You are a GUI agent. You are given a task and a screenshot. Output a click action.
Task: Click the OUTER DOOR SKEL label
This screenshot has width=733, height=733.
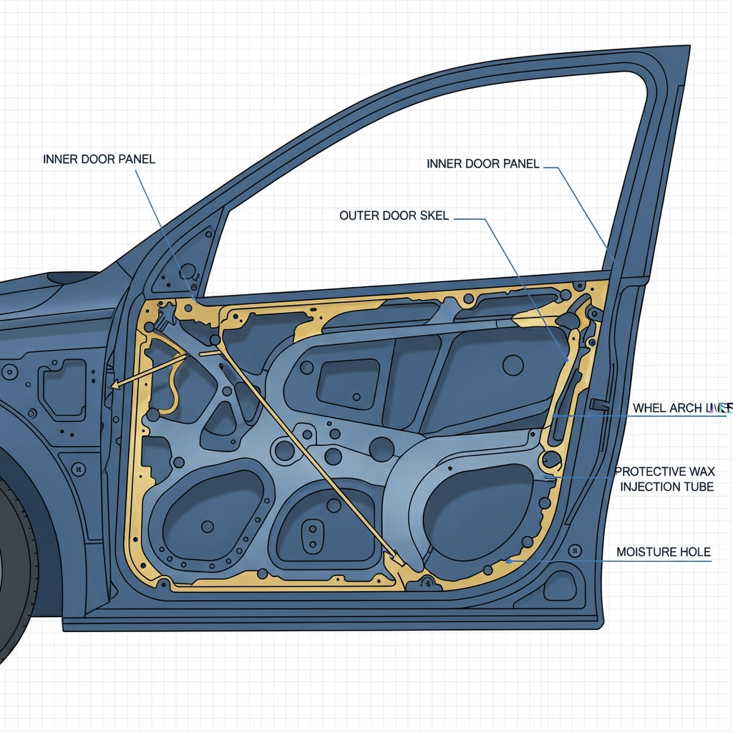coord(394,215)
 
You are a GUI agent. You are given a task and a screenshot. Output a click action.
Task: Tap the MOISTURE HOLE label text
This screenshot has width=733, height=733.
coord(663,552)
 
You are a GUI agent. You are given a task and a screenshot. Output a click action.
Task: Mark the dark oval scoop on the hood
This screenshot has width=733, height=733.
coord(72,276)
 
